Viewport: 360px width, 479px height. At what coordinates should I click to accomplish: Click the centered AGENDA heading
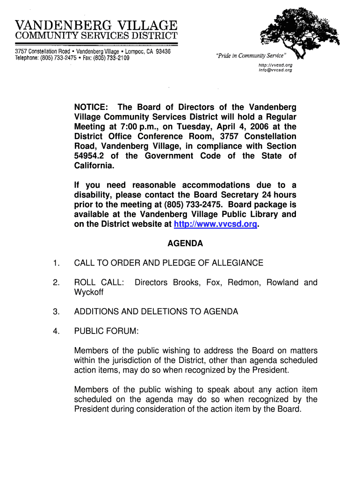click(x=185, y=244)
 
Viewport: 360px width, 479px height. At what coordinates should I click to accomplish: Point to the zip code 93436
click(x=164, y=51)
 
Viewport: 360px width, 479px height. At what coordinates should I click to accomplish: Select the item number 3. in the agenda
click(x=56, y=312)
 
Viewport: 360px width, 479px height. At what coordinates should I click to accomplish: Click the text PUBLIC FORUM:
click(x=106, y=332)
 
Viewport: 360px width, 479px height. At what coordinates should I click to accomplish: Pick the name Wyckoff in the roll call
click(x=89, y=292)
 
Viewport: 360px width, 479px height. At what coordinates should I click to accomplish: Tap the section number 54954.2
click(x=89, y=156)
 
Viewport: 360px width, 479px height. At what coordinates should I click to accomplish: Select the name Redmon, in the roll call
click(x=247, y=283)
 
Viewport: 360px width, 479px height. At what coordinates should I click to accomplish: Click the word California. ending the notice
click(x=94, y=166)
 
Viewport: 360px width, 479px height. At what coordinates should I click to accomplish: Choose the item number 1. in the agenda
click(x=56, y=263)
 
